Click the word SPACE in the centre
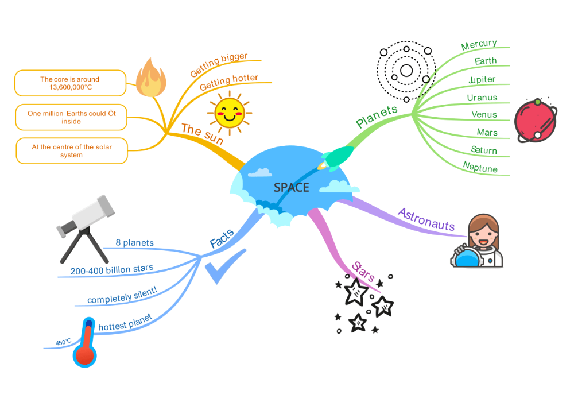point(291,188)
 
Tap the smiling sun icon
point(230,113)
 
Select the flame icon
point(151,78)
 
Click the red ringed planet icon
point(537,121)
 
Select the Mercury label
point(479,45)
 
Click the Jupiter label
point(482,79)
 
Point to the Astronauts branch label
point(426,219)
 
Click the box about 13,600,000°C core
point(70,83)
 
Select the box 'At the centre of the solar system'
point(72,150)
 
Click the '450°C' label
point(64,343)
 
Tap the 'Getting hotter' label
point(229,82)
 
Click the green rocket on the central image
point(338,156)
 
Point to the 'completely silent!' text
point(122,296)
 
